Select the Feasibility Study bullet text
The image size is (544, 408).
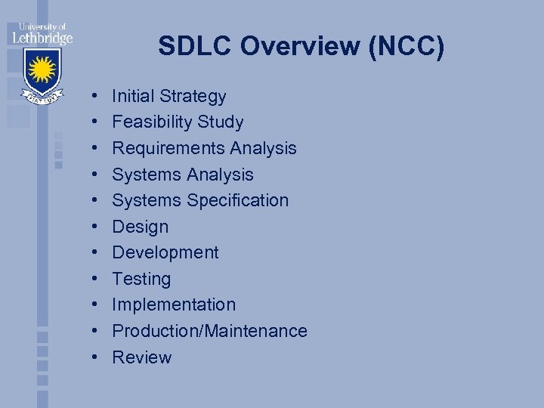click(178, 122)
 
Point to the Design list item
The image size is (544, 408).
click(140, 227)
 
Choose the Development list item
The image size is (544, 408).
click(165, 252)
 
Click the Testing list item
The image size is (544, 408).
click(141, 279)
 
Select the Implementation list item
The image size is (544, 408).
click(174, 304)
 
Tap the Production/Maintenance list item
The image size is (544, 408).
click(209, 331)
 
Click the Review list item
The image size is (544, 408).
click(141, 357)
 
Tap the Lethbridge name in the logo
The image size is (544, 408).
click(42, 36)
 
